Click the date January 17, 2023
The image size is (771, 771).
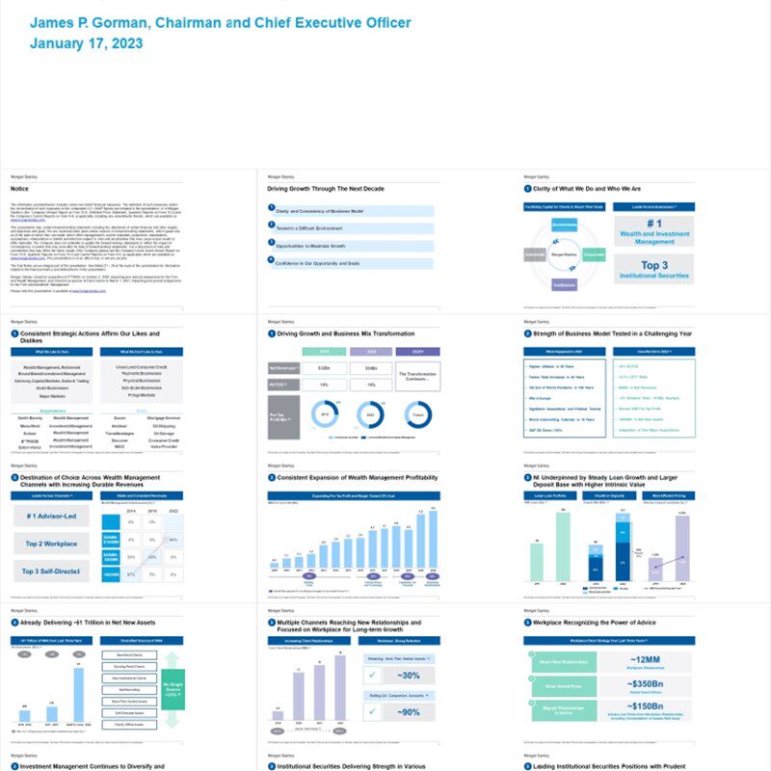87,43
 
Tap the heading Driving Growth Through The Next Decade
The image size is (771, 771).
332,189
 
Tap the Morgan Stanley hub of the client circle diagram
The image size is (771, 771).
566,254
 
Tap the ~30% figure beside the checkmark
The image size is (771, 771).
407,675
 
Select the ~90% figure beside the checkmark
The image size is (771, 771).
407,712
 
